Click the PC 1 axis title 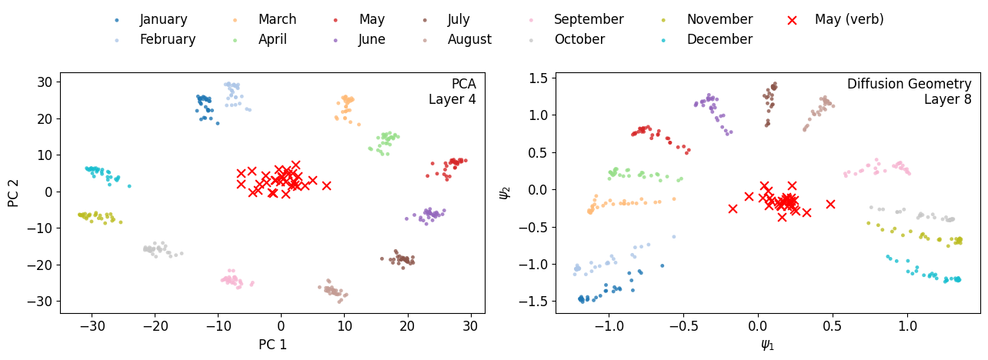point(272,345)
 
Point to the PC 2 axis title point(13,192)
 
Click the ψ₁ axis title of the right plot point(767,345)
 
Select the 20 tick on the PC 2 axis point(45,118)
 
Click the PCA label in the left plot point(463,84)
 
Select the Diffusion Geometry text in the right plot point(909,84)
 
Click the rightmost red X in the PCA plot point(326,185)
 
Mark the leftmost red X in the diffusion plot point(733,208)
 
